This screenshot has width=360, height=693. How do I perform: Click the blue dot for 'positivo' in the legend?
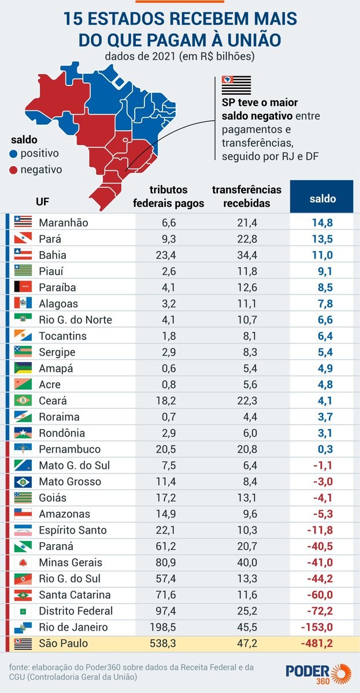pos(13,154)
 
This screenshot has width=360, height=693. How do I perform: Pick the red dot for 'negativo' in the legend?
pos(13,170)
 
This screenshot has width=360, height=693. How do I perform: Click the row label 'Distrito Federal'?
pos(75,611)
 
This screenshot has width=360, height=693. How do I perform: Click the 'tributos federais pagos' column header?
pos(168,196)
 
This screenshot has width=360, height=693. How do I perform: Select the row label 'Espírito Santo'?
pos(72,530)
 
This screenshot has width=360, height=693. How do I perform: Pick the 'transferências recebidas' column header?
pos(246,196)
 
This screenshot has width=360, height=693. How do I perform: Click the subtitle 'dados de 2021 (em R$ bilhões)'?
pos(180,57)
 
